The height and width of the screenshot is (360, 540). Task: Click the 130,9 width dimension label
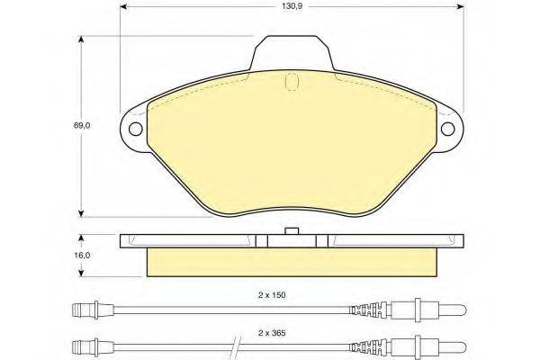coord(292,6)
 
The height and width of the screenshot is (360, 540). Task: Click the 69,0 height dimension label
coord(82,125)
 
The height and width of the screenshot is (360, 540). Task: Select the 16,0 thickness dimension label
coord(82,256)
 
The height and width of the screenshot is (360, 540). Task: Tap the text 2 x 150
coord(272,295)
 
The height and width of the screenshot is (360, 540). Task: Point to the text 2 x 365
coord(272,333)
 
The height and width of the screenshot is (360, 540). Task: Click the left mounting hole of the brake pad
coord(136,129)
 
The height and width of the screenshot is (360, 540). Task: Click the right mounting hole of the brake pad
coord(447,129)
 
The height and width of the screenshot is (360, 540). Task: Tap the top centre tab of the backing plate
coord(292,52)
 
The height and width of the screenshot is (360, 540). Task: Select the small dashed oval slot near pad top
coord(292,82)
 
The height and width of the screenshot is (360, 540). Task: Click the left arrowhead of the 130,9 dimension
coord(124,6)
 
